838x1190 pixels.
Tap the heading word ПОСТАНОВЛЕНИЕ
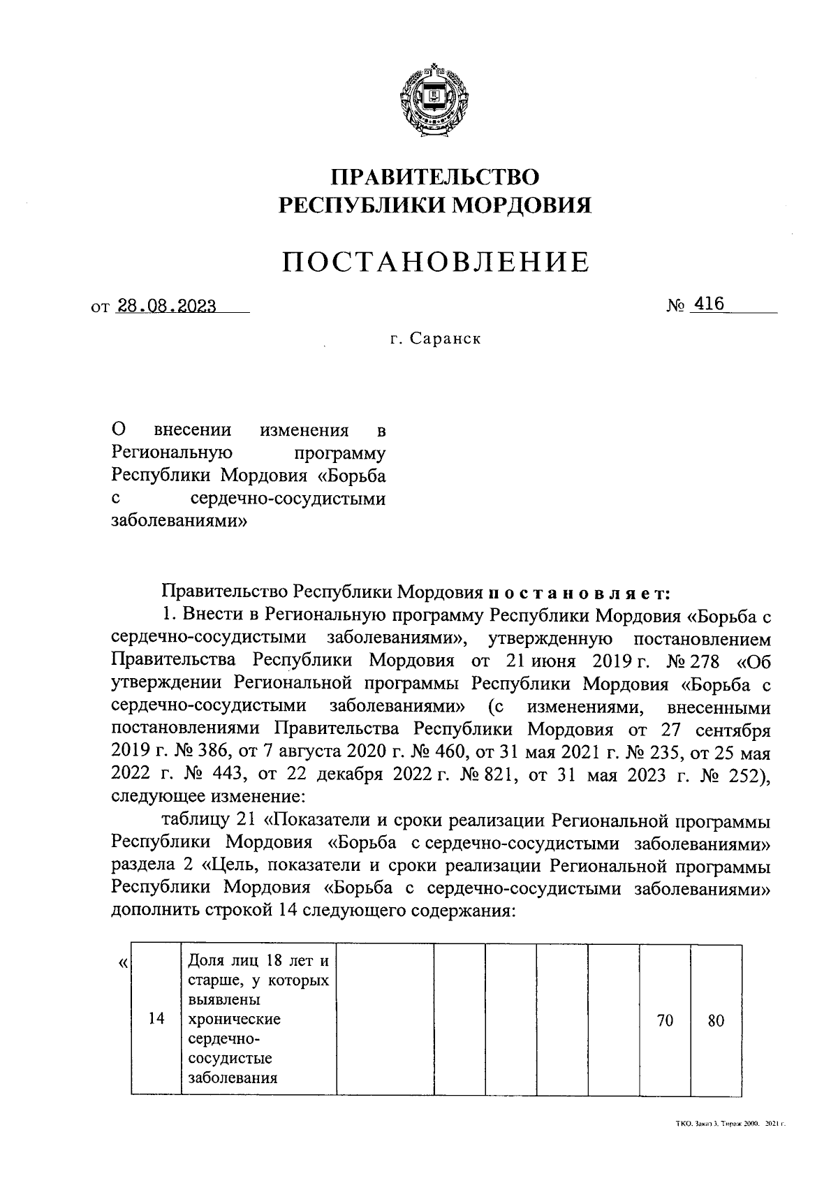(436, 262)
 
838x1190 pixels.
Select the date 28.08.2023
(168, 305)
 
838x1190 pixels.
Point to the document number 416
(708, 304)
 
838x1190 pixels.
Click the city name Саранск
(445, 339)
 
